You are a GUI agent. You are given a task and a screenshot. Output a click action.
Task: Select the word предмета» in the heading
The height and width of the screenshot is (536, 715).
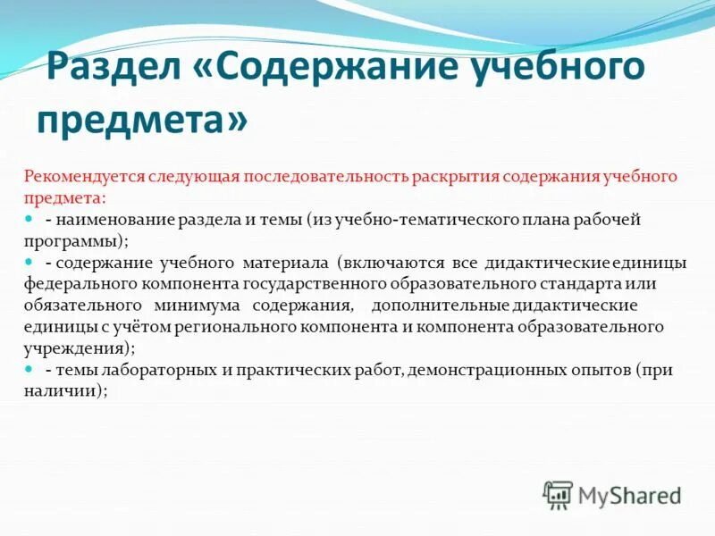pyautogui.click(x=142, y=119)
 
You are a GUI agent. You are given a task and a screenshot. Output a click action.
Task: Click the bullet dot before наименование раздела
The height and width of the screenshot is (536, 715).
pyautogui.click(x=29, y=217)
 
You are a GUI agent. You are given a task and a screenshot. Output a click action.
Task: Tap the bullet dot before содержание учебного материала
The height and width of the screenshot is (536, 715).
pyautogui.click(x=29, y=261)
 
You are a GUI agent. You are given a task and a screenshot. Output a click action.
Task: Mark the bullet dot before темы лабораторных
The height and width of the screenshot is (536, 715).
pyautogui.click(x=29, y=369)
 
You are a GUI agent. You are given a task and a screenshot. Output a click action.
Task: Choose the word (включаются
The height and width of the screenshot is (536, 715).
pyautogui.click(x=383, y=262)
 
